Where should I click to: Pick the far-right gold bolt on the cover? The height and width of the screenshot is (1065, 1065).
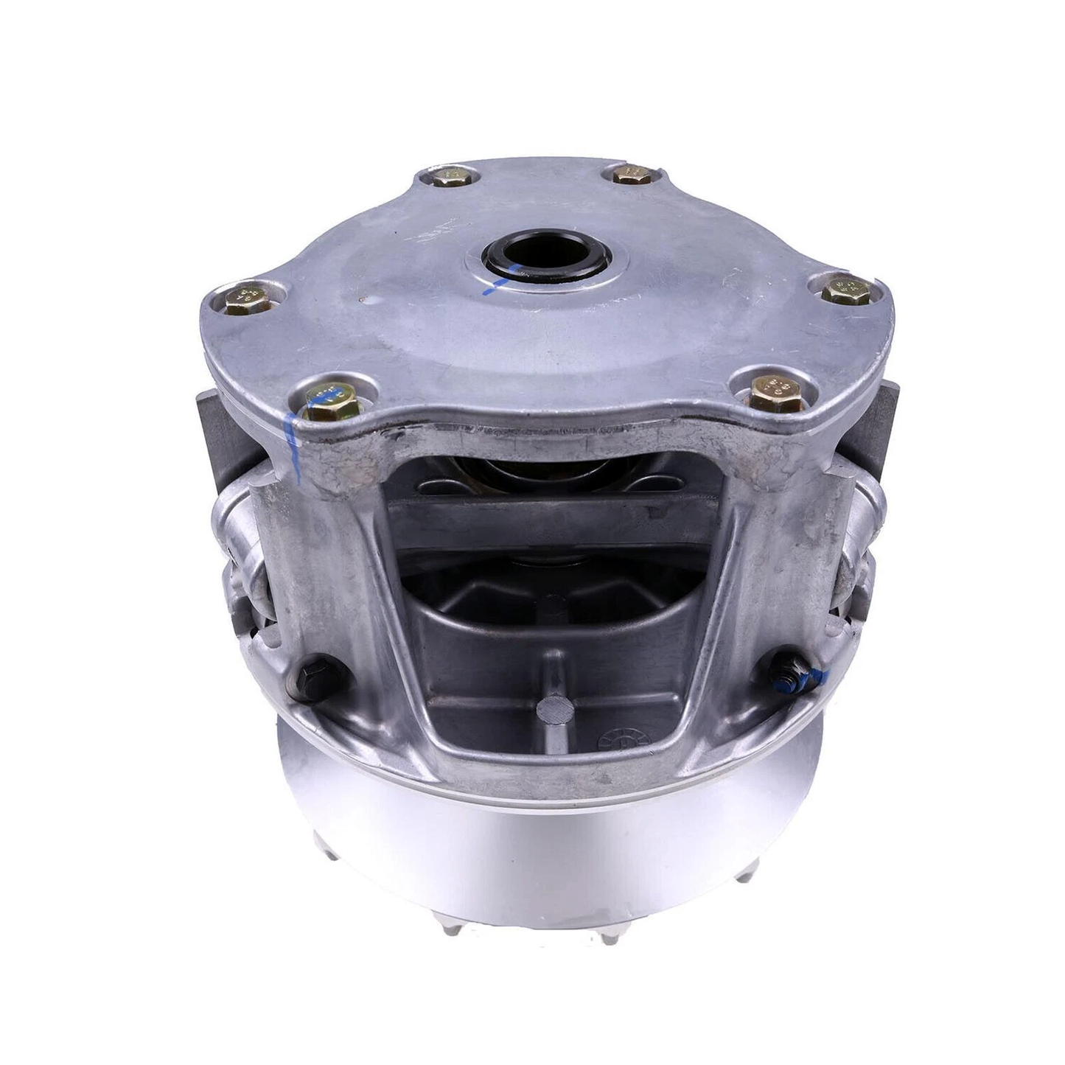tap(845, 289)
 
